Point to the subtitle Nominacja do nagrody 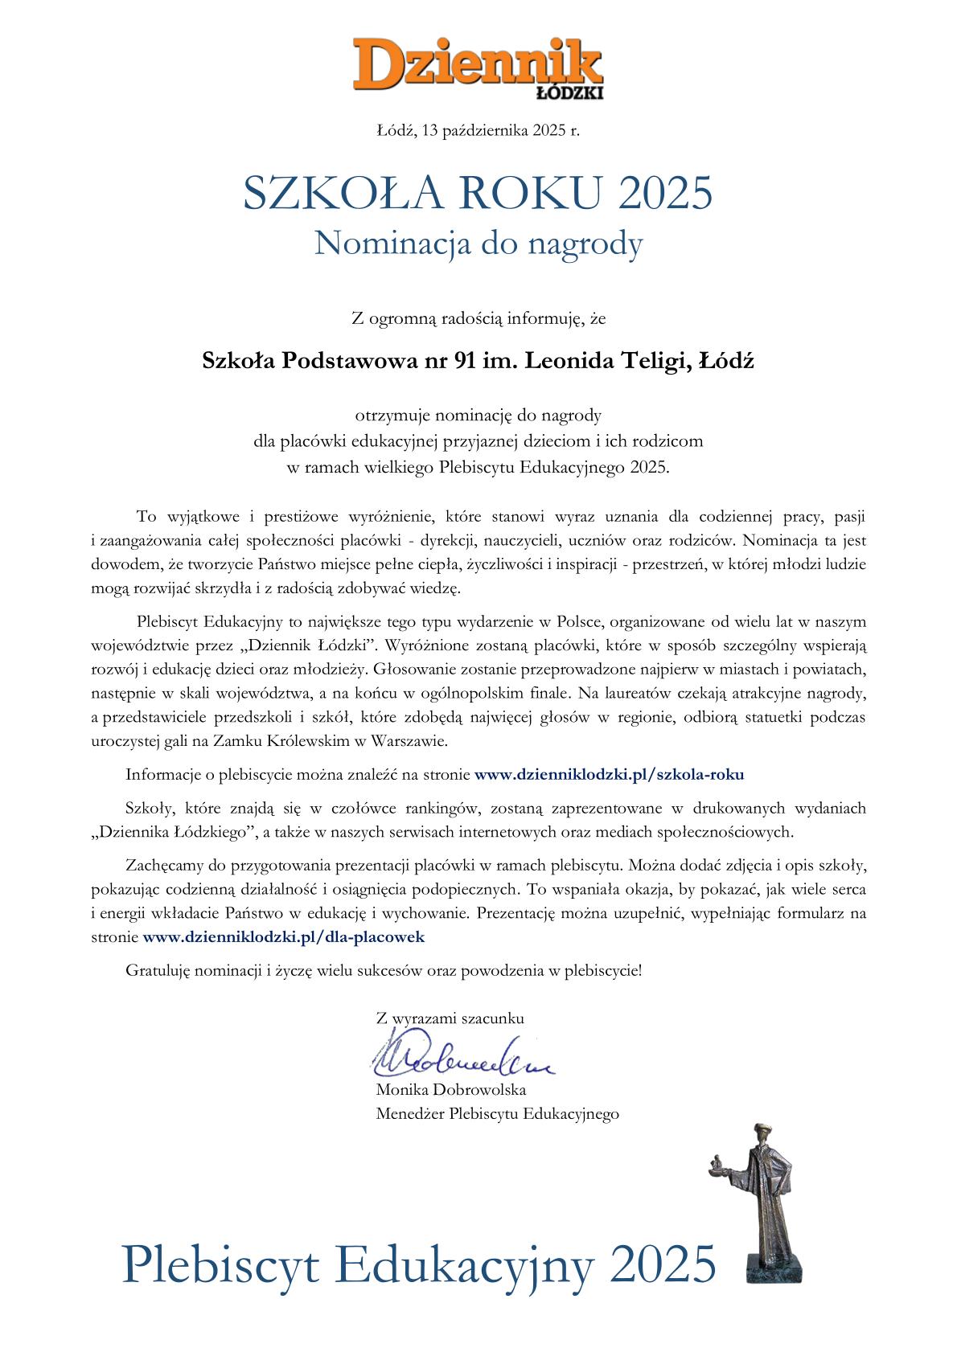478,243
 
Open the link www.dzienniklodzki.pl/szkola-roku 609,775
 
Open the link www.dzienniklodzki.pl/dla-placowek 283,936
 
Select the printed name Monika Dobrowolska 451,1090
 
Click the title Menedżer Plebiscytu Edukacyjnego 497,1114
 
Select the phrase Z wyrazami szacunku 450,1018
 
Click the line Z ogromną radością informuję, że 478,318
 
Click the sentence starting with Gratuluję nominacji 384,970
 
